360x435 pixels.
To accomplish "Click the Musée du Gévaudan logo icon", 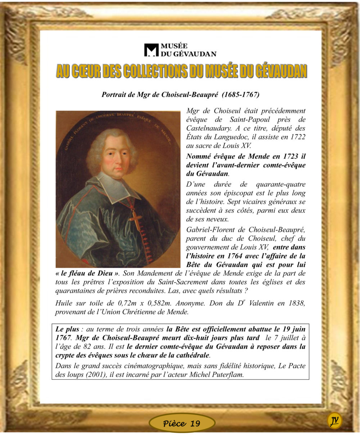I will coord(151,50).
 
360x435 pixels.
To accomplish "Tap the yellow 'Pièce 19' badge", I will coord(182,423).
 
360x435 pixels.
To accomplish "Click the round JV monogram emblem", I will coord(334,420).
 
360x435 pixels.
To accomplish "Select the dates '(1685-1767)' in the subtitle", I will coord(241,95).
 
